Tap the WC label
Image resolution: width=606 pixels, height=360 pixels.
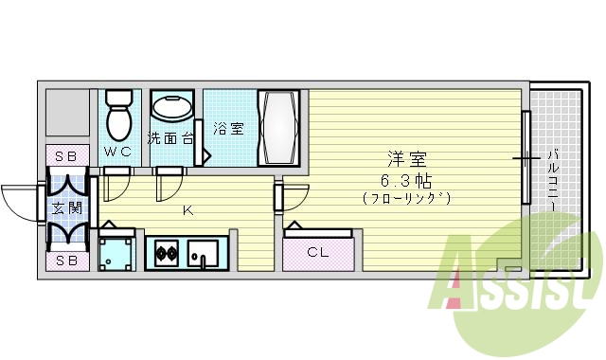coord(117,152)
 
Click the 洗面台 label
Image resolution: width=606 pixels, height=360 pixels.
coord(170,138)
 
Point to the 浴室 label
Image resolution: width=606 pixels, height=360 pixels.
coord(228,129)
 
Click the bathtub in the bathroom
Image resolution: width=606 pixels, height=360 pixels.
coord(280,128)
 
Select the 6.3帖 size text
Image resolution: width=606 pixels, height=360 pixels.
coord(406,179)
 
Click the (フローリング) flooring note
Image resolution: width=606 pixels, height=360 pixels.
coord(406,198)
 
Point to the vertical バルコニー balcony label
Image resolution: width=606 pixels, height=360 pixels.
coord(552,180)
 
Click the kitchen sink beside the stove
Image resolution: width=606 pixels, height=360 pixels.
coord(202,254)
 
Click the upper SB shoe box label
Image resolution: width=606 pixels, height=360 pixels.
coord(65,155)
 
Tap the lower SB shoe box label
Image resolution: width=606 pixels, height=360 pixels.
coord(65,260)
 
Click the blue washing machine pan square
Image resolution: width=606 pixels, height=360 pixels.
coord(117,252)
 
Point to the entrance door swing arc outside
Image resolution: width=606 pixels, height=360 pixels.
coord(19,201)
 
